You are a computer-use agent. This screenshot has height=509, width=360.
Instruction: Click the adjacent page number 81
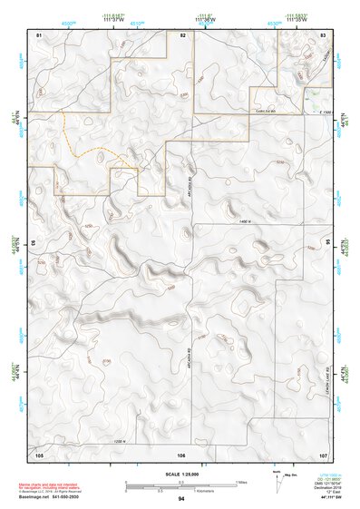pyautogui.click(x=39, y=34)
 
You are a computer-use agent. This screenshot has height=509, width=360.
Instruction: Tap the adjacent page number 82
pyautogui.click(x=182, y=34)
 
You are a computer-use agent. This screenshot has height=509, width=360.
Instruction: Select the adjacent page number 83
pyautogui.click(x=324, y=34)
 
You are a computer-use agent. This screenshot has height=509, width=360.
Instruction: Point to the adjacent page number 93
pyautogui.click(x=34, y=242)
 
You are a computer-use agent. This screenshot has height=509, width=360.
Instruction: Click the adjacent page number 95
pyautogui.click(x=329, y=242)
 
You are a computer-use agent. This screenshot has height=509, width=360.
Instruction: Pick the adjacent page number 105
pyautogui.click(x=39, y=454)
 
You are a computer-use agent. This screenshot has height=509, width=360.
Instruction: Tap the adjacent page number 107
pyautogui.click(x=324, y=454)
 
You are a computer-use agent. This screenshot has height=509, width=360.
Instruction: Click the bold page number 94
pyautogui.click(x=181, y=499)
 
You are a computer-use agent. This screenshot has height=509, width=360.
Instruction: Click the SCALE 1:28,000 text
pyautogui.click(x=181, y=474)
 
